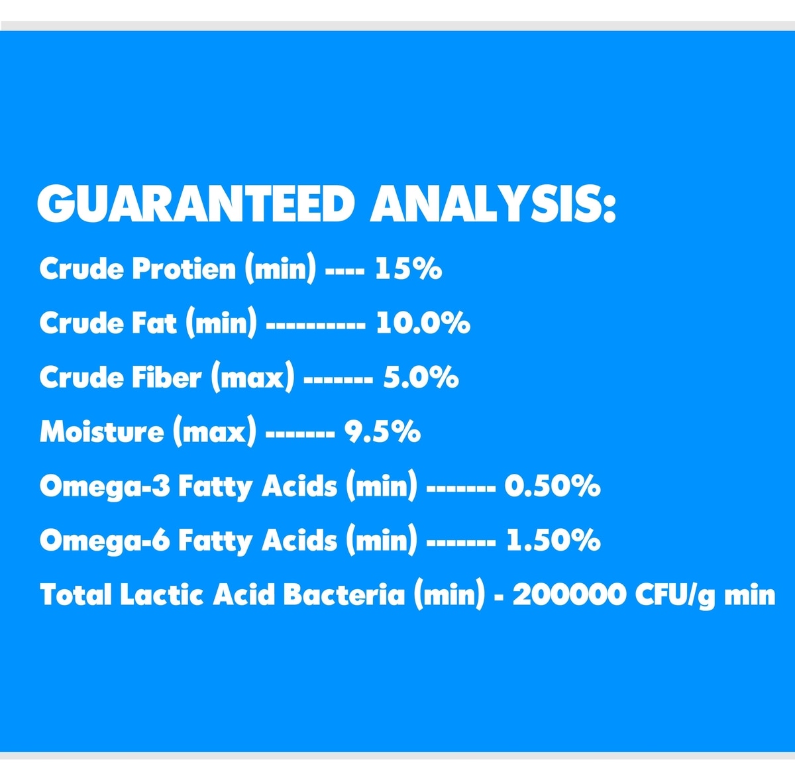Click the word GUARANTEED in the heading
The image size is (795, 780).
click(x=196, y=204)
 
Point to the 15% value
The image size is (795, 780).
click(x=408, y=268)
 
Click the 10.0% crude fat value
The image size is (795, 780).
click(x=423, y=323)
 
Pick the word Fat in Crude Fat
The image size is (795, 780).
click(x=154, y=323)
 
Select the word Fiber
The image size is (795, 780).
click(x=167, y=377)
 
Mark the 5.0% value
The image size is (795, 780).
click(x=421, y=377)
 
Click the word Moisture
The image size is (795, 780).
click(x=102, y=431)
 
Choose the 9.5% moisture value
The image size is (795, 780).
click(x=382, y=431)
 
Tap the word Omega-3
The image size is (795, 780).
click(x=105, y=487)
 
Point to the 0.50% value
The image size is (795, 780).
click(x=553, y=486)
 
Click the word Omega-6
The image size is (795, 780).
click(x=105, y=541)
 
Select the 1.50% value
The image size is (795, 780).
click(x=553, y=540)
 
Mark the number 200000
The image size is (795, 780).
click(x=570, y=594)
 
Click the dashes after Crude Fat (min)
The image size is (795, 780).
click(x=315, y=324)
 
